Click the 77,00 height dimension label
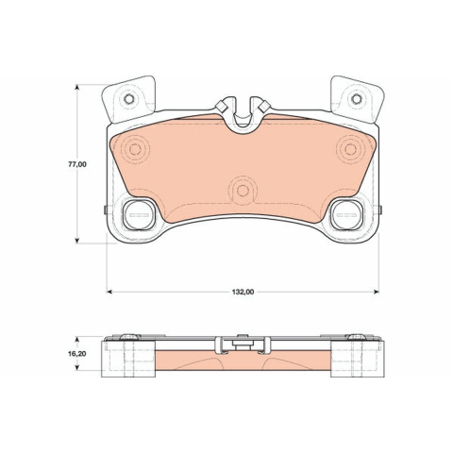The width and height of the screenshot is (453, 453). pos(77,164)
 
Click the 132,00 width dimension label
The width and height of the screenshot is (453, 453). pos(243,292)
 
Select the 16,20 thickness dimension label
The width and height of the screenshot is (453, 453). pos(77,354)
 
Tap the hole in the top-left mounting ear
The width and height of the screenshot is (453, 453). pos(129,99)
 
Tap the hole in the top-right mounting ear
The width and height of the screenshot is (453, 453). pos(357,99)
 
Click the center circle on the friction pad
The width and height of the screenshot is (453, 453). pos(243,191)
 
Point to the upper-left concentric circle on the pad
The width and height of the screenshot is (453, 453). pos(135,149)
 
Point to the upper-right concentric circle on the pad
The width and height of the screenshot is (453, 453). pos(350,149)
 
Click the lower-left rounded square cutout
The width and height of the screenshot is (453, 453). pos(139,214)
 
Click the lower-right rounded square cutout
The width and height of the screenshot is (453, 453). pos(346,214)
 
